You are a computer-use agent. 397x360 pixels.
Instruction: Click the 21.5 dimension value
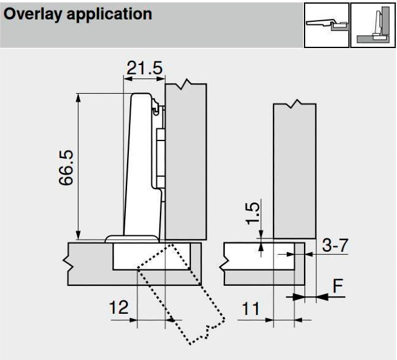click(145, 68)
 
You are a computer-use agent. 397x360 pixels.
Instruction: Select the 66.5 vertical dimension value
click(66, 168)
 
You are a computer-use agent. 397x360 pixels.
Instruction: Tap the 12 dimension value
click(119, 307)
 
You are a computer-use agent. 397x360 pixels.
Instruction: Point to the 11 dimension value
click(250, 308)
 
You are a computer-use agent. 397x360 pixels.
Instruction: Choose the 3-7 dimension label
click(335, 245)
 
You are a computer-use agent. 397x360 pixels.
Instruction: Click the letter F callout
click(338, 286)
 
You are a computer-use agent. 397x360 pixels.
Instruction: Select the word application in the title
click(109, 15)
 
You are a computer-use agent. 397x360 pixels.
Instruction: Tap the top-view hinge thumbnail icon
click(326, 25)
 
